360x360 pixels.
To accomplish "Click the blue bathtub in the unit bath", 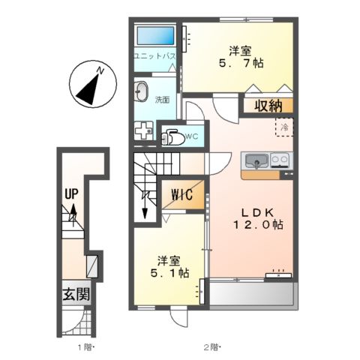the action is coord(155,35).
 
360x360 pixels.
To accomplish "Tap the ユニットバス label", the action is coord(154,56).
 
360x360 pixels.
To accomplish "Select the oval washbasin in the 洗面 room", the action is coord(142,91).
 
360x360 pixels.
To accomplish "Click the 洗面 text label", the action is coord(162,100).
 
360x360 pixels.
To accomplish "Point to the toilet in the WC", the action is coord(172,137).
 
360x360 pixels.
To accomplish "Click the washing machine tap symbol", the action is coord(144,130).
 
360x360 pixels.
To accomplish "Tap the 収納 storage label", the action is coord(268,106).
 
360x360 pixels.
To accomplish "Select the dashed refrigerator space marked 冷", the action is coord(284,127).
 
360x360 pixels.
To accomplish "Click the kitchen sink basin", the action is coord(256,160).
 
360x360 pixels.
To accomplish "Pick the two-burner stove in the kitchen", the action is coord(280,160).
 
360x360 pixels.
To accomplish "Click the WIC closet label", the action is coord(181,194).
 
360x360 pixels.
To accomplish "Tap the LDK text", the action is coord(257,213).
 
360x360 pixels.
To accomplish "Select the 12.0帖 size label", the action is coord(259,224).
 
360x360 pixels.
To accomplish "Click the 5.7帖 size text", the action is coord(241,63).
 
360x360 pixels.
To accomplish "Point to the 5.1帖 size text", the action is coord(169,273).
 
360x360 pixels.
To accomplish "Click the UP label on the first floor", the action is coord(71,193).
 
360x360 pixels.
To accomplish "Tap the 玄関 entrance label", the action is coord(76,294).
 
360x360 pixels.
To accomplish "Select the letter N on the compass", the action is coord(100,70).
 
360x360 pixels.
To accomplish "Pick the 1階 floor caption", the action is coord(85,347).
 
